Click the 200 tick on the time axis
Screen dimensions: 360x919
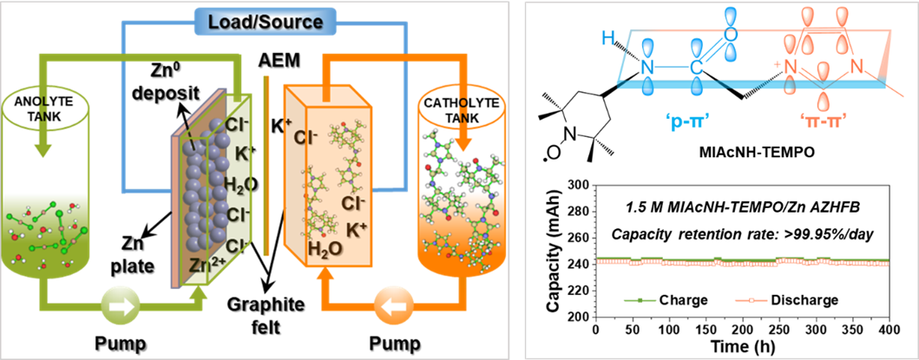tap(741, 331)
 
